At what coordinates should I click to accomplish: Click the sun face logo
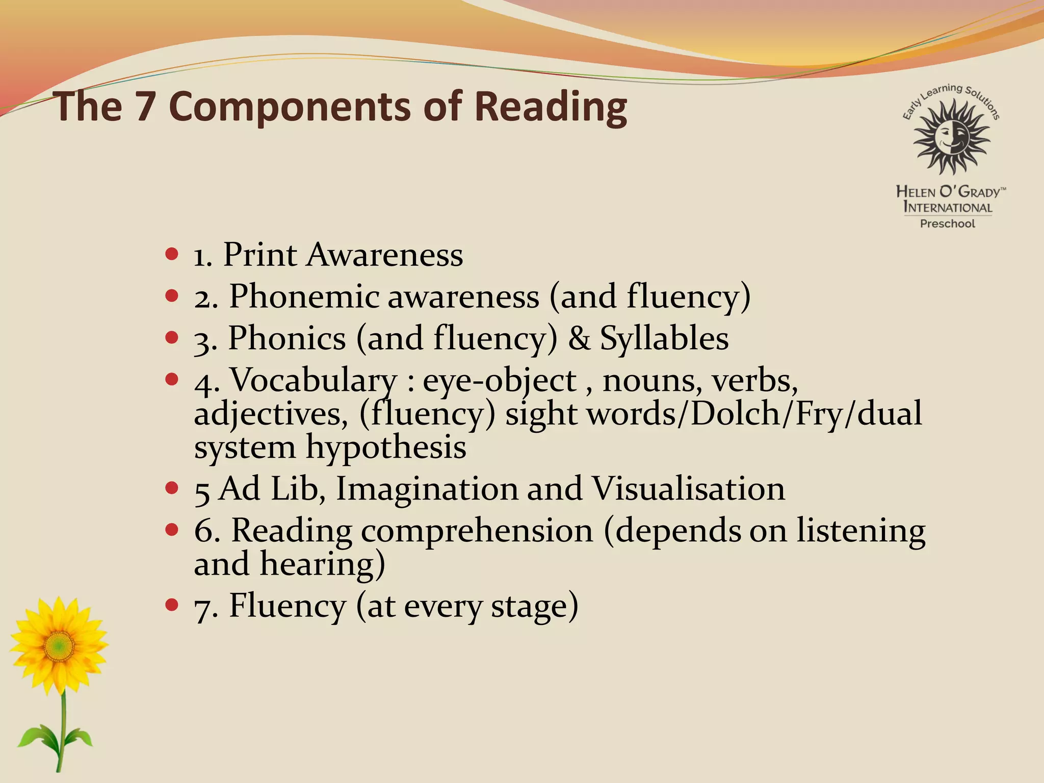[951, 136]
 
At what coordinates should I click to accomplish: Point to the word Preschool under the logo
[947, 224]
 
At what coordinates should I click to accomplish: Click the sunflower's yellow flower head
[59, 646]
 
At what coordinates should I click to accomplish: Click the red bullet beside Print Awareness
[172, 253]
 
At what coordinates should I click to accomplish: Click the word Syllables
[664, 338]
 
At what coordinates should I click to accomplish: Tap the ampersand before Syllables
[579, 338]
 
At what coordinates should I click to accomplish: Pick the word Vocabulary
[313, 380]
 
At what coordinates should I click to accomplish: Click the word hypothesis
[385, 447]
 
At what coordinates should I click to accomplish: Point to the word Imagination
[426, 488]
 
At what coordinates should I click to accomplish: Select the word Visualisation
[688, 488]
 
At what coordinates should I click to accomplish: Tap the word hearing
[322, 564]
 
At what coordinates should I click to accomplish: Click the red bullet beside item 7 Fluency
[172, 605]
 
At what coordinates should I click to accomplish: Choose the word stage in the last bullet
[534, 606]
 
